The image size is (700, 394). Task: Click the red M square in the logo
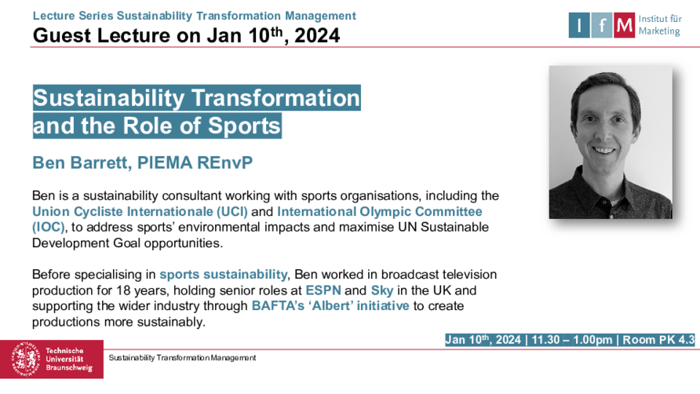624,25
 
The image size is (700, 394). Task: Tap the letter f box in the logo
602,25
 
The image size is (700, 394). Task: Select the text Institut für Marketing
660,25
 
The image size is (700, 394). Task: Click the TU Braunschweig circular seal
26,359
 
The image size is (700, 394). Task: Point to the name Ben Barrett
82,163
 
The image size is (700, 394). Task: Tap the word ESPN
323,290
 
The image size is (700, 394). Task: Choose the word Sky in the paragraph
382,291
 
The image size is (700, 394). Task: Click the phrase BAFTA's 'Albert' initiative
330,306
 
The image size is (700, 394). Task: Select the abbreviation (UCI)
232,211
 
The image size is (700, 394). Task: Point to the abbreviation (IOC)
48,228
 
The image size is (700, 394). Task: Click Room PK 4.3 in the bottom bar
658,340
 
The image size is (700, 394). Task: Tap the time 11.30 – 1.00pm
572,340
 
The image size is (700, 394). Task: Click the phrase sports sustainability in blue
224,274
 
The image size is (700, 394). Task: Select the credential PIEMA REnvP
195,163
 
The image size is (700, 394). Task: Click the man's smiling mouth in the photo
604,151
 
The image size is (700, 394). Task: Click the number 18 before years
123,290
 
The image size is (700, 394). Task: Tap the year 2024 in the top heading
317,36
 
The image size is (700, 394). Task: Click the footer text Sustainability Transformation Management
182,358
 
